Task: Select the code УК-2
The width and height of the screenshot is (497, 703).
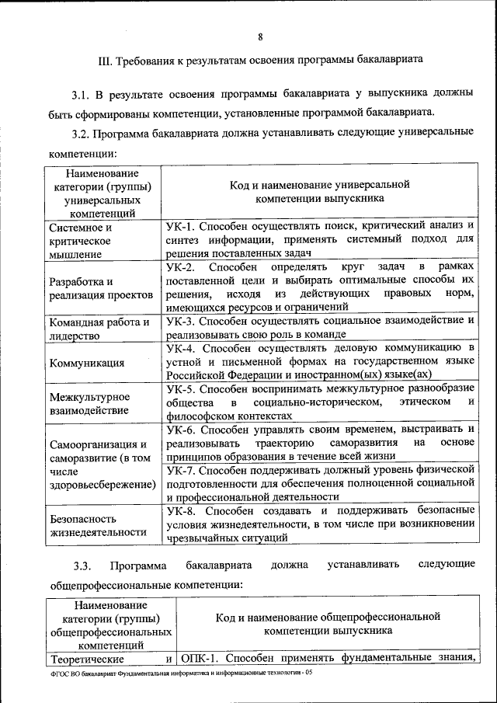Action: point(180,266)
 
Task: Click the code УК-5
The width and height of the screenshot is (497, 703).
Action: point(180,388)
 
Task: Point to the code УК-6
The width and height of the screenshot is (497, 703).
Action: point(180,428)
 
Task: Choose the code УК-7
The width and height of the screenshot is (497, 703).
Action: point(180,468)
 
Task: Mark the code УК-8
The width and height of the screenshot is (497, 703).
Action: point(180,510)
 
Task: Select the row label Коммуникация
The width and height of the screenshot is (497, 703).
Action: point(86,362)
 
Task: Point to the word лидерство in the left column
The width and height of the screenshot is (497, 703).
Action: point(74,336)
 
